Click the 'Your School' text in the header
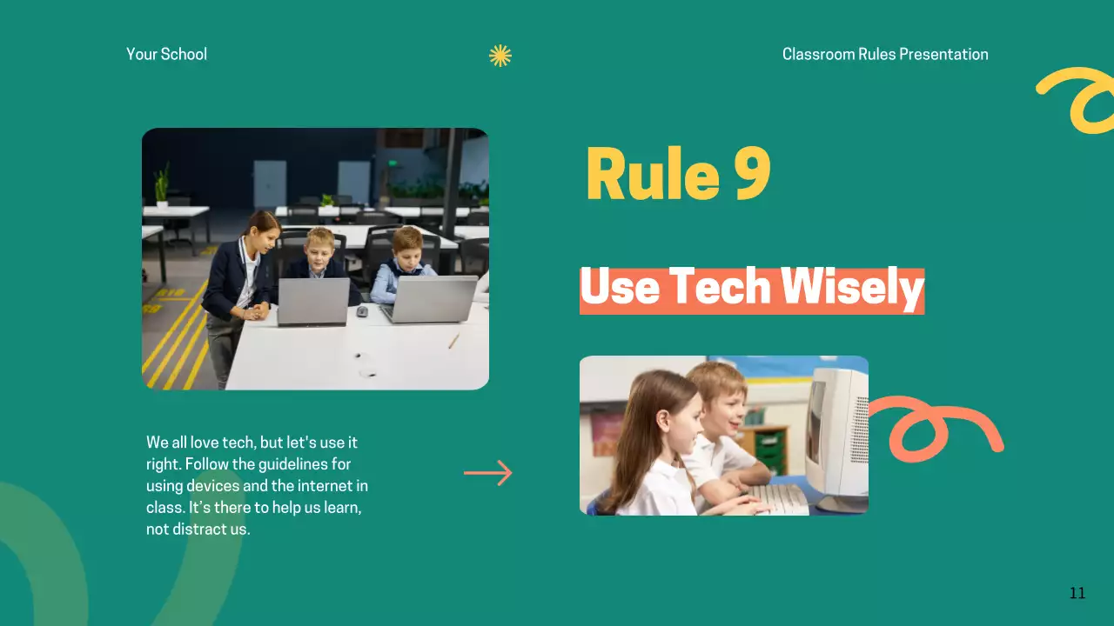166,54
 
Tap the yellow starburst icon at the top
500,56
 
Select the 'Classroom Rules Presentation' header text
885,54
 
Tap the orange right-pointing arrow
488,473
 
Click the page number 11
1077,593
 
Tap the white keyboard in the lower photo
779,499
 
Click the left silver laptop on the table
312,301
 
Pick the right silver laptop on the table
429,298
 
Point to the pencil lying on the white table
453,341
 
